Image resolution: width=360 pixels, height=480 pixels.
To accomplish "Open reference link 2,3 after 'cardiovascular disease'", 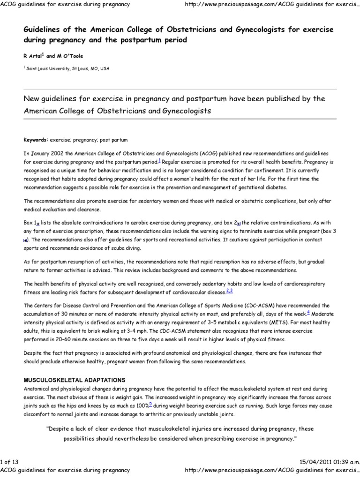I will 229,291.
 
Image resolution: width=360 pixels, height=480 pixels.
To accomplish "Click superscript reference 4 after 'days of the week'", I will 308,312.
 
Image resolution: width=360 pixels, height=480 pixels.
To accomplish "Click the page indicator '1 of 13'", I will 11,462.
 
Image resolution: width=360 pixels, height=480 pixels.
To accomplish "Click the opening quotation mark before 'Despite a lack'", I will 48,429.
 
